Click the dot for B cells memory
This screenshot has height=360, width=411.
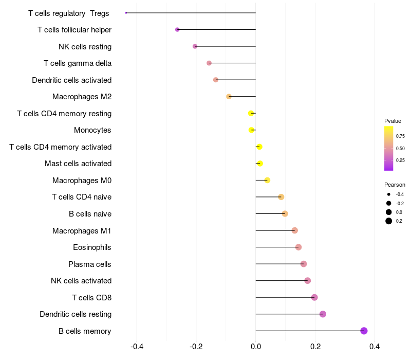(364, 331)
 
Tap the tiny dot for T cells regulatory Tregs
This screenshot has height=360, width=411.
(126, 13)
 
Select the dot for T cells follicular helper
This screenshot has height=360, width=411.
(177, 30)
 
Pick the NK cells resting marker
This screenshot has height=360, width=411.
(195, 46)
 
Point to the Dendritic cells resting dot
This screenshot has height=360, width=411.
(323, 314)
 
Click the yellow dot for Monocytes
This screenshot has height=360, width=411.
(251, 130)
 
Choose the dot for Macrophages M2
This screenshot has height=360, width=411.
(229, 97)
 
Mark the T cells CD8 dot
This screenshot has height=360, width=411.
(314, 297)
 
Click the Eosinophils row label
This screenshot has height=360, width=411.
(92, 247)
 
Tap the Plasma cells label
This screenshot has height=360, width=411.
(89, 264)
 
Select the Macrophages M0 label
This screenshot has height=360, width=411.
(82, 181)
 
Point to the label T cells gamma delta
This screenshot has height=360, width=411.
(78, 63)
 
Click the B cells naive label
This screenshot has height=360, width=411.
(90, 214)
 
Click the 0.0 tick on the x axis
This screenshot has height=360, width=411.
(255, 347)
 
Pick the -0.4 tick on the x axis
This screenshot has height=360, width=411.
(137, 347)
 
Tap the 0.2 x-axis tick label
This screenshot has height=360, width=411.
(315, 347)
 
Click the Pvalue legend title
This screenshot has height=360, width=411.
(393, 121)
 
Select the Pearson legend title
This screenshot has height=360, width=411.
(395, 185)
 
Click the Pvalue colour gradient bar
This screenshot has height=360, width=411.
(388, 148)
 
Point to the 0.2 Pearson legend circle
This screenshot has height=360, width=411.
(389, 221)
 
